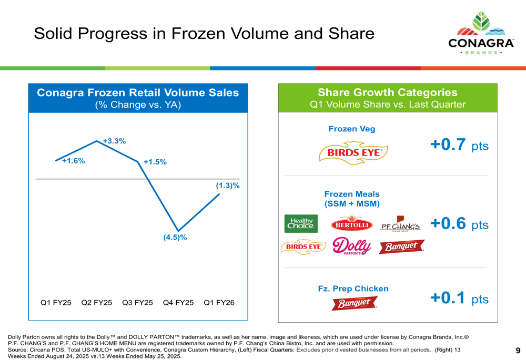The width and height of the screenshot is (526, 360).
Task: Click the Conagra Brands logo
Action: tap(481, 34)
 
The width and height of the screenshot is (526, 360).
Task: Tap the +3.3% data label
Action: tap(114, 141)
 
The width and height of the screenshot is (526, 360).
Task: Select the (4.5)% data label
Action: tap(175, 237)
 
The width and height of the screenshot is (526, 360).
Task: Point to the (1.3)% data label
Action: tap(228, 186)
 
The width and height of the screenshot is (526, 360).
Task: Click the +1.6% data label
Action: tap(73, 161)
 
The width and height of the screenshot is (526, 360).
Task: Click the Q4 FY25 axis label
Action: tap(179, 303)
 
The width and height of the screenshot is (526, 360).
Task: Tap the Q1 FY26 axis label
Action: tap(219, 303)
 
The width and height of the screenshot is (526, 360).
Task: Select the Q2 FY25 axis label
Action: tap(97, 303)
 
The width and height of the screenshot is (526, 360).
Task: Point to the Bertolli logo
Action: tap(352, 225)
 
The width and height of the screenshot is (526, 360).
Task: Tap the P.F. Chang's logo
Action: tap(401, 225)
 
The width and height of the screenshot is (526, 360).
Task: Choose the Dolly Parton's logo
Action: tap(352, 246)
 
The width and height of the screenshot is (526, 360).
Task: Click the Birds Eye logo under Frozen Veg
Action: tap(353, 152)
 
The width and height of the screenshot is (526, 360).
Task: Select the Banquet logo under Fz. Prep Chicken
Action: tap(354, 303)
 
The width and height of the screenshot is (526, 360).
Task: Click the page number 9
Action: tap(518, 351)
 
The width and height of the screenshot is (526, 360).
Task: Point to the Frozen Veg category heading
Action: tap(352, 129)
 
